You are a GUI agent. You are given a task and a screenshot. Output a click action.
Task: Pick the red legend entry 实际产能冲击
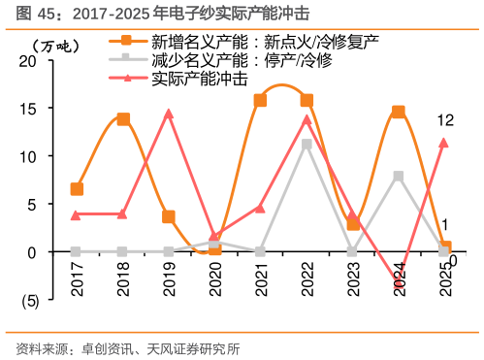click(x=199, y=79)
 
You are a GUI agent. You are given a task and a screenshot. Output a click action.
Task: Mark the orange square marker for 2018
click(x=123, y=119)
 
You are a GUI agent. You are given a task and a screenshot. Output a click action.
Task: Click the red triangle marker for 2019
click(x=169, y=114)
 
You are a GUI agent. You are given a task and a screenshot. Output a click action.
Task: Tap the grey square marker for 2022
click(x=307, y=145)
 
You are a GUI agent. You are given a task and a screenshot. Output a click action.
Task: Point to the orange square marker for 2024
click(x=398, y=113)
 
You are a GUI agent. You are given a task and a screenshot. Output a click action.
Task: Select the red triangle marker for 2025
click(x=443, y=143)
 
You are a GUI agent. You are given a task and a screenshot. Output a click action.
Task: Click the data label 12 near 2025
click(x=446, y=120)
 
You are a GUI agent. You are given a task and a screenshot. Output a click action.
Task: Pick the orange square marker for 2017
click(x=78, y=189)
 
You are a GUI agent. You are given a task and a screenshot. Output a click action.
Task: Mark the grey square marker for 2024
click(x=398, y=177)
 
